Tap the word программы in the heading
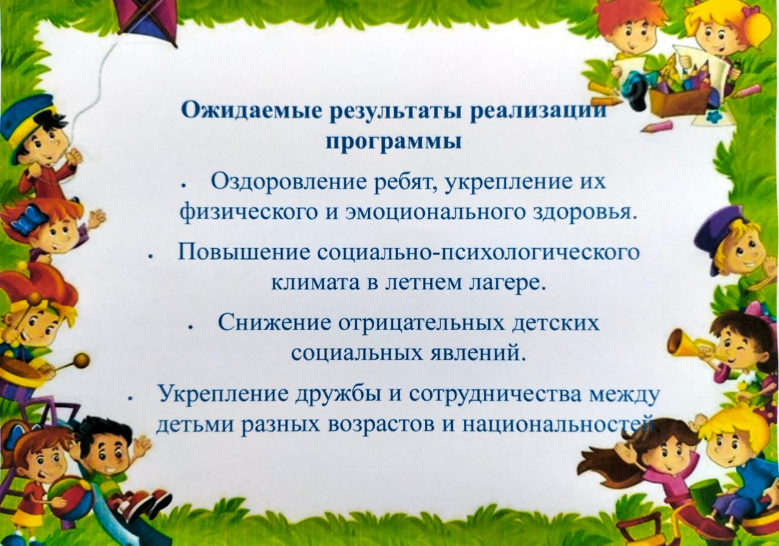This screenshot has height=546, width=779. pyautogui.click(x=394, y=142)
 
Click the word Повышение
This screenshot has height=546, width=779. pyautogui.click(x=244, y=253)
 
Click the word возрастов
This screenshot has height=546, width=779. pyautogui.click(x=382, y=426)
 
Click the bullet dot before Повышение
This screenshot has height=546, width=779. pyautogui.click(x=150, y=257)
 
